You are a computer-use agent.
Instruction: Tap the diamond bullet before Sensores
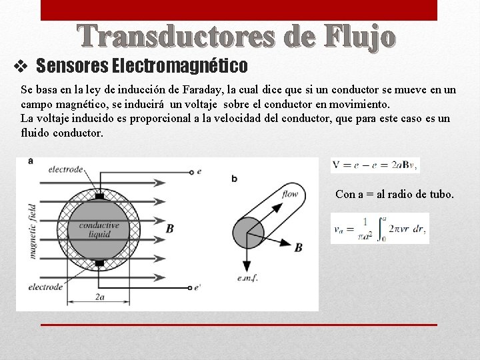pos(21,66)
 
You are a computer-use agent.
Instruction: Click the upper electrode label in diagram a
pos(65,170)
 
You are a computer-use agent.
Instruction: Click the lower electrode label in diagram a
pos(45,287)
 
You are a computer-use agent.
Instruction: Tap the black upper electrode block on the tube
pos(99,197)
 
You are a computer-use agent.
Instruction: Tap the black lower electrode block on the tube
pos(99,263)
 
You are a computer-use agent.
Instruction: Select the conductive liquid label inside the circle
pos(99,230)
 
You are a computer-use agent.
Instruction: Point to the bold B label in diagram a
pos(170,229)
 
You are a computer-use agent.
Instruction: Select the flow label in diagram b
pos(290,195)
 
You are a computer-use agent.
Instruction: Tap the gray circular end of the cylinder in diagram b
pos(248,232)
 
